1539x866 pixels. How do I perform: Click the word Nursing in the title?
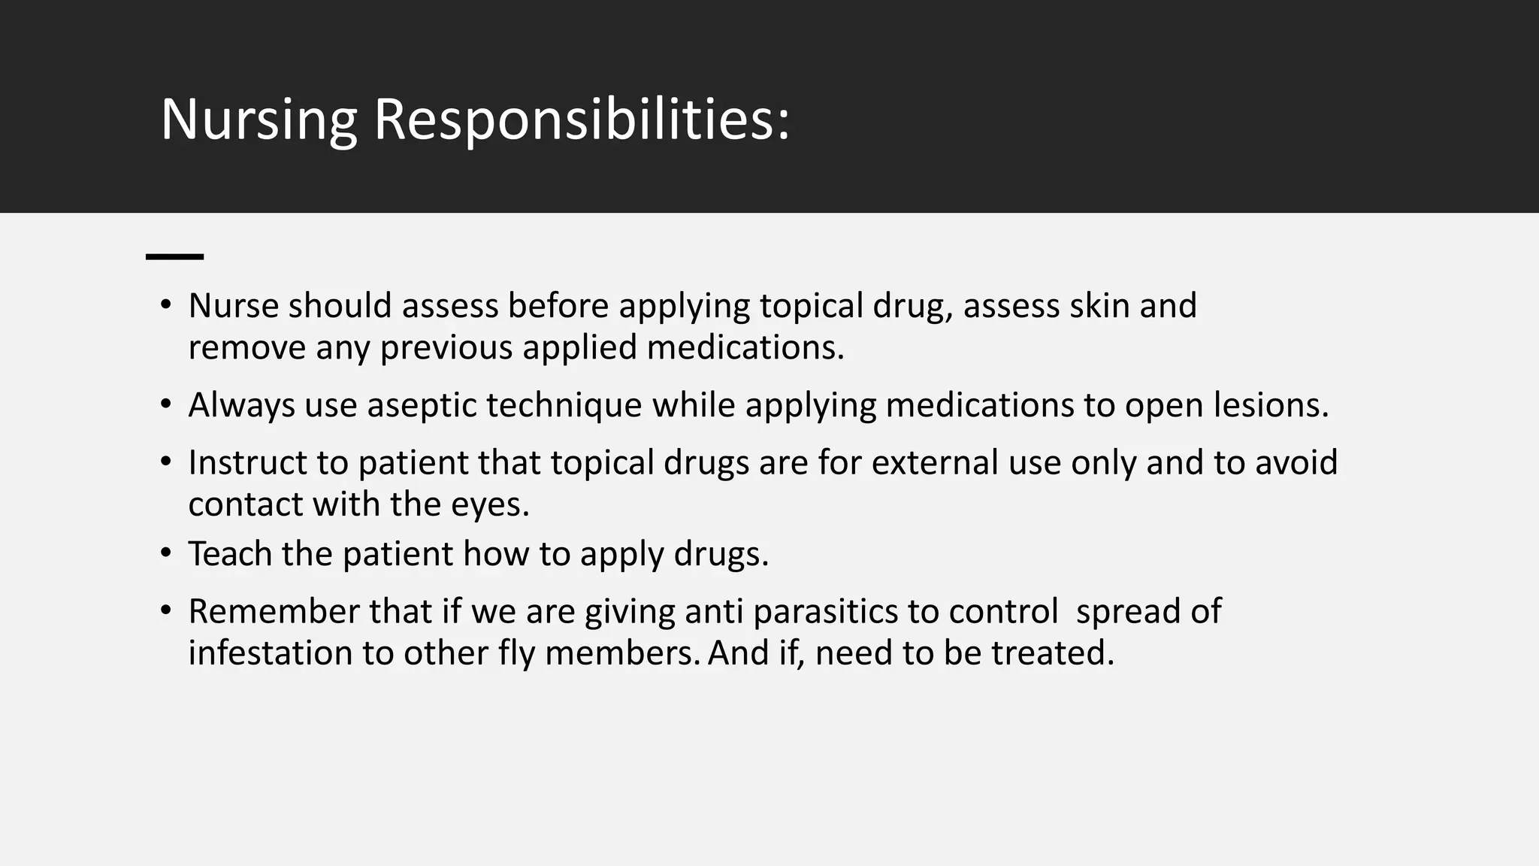(259, 120)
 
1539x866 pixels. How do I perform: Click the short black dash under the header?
(174, 257)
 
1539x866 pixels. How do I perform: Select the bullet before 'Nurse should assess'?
(165, 305)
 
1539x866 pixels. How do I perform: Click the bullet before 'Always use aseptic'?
(165, 404)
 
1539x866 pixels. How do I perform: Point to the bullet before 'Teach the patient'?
(165, 553)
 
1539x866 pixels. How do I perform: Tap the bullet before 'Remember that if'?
(165, 610)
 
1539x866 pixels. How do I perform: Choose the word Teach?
(230, 553)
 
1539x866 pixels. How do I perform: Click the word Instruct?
(247, 462)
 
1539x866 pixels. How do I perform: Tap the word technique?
(564, 406)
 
